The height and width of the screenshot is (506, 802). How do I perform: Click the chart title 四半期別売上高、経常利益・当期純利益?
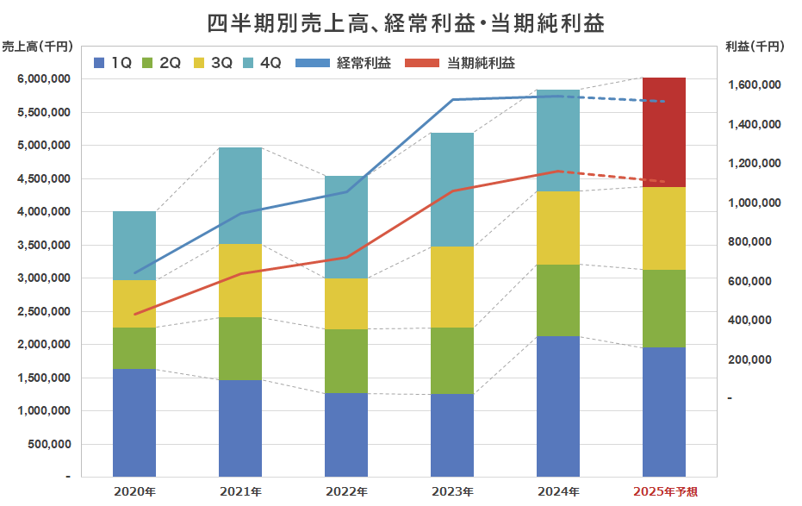point(406,22)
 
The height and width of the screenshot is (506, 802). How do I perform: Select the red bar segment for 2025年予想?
point(664,132)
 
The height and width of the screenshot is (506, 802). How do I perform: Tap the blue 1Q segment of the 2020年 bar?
point(134,422)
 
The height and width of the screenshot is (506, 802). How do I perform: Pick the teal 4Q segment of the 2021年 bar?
point(240,196)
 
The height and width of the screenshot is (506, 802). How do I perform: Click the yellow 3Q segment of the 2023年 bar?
point(452,287)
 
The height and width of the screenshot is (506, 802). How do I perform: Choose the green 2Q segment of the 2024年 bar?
point(558,300)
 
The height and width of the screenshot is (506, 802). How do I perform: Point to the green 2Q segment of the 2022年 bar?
point(346,361)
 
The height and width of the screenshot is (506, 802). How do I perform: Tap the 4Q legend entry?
point(263,63)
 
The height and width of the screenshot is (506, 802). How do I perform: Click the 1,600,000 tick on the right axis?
point(753,85)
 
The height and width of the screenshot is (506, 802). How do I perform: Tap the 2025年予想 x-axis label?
point(666,491)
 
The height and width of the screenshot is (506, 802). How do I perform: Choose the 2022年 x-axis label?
point(347,491)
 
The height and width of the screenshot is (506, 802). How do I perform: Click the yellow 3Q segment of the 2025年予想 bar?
point(664,228)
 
